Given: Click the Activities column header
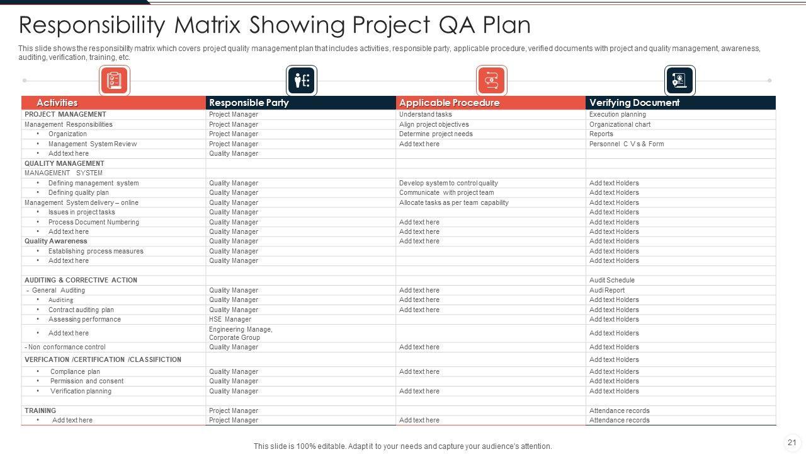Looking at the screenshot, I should pyautogui.click(x=57, y=103).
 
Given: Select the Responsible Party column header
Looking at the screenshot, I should pyautogui.click(x=249, y=103).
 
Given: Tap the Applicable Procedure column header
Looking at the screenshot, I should pyautogui.click(x=449, y=103).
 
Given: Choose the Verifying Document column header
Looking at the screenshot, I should pyautogui.click(x=634, y=103).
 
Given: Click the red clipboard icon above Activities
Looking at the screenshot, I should pyautogui.click(x=114, y=81).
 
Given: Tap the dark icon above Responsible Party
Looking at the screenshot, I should pyautogui.click(x=302, y=81).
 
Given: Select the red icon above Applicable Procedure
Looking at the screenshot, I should pyautogui.click(x=491, y=81).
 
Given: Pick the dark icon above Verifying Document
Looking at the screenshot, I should pyautogui.click(x=679, y=81).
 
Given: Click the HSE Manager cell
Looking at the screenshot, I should pyautogui.click(x=230, y=320).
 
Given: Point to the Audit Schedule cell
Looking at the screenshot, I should pyautogui.click(x=611, y=281).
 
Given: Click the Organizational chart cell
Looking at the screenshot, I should pyautogui.click(x=620, y=125).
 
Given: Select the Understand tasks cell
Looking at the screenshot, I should pyautogui.click(x=425, y=115).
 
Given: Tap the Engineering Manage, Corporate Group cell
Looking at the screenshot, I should pyautogui.click(x=241, y=334).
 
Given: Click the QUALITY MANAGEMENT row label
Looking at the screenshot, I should pyautogui.click(x=64, y=164).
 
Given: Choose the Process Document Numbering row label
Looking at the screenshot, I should pyautogui.click(x=93, y=223).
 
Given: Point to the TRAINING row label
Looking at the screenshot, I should pyautogui.click(x=40, y=411).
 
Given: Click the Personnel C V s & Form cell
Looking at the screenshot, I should pyautogui.click(x=626, y=144).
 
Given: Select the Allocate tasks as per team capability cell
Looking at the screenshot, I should pyautogui.click(x=453, y=203).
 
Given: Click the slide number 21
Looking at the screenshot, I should pyautogui.click(x=792, y=443).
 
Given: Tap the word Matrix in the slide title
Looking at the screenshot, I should pyautogui.click(x=208, y=25).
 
